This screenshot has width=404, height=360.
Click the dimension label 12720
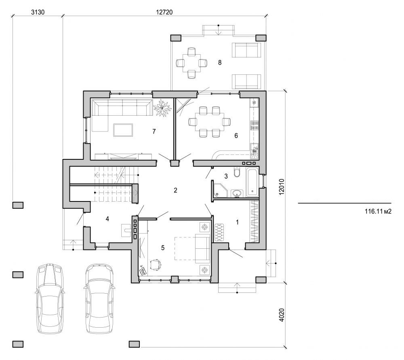click(x=164, y=12)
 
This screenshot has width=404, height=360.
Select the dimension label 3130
click(x=38, y=12)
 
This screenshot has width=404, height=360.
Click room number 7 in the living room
click(x=154, y=131)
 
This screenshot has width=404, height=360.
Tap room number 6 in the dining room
click(x=236, y=136)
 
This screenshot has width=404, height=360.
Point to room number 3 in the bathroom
click(x=226, y=176)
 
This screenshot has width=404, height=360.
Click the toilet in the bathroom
click(x=238, y=174)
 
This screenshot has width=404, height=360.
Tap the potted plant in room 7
click(x=164, y=108)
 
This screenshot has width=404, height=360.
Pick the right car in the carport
click(x=99, y=299)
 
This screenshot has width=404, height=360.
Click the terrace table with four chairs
click(x=191, y=63)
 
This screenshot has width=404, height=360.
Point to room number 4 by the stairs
click(x=107, y=219)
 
